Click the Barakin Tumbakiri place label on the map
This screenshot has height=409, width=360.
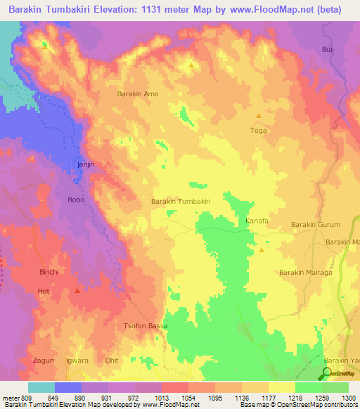(x=181, y=201)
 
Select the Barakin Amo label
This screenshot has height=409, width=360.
(x=138, y=93)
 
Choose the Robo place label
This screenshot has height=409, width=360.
(x=76, y=200)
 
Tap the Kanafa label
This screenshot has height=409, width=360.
(x=257, y=221)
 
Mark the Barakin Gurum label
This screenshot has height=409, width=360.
(x=316, y=225)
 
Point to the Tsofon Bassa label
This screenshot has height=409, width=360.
(x=146, y=327)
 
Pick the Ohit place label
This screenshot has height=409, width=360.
(x=112, y=361)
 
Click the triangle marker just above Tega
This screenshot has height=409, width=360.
(x=259, y=116)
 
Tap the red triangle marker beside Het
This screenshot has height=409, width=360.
(x=77, y=290)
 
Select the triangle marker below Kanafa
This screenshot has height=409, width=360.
(x=262, y=249)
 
